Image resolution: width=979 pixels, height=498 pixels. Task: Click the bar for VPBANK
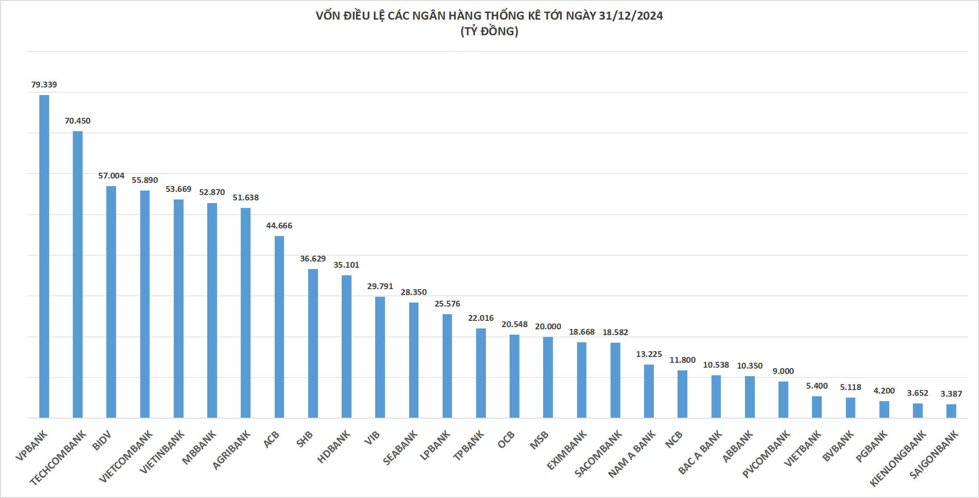(44, 257)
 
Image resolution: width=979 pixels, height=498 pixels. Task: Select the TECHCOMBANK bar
(78, 274)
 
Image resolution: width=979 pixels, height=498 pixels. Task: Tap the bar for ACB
(279, 327)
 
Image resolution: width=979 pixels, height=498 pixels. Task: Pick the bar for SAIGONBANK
(951, 411)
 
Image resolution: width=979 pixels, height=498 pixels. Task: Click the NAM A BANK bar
(649, 391)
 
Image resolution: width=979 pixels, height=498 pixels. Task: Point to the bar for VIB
(380, 357)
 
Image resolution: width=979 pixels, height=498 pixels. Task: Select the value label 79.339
(44, 85)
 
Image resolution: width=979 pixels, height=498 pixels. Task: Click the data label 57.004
(111, 176)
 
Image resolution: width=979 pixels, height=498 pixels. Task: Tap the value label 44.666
(279, 226)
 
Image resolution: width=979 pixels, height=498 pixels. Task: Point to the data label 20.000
(548, 327)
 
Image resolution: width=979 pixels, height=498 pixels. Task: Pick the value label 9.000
(783, 371)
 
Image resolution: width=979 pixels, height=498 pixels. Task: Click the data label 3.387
(951, 394)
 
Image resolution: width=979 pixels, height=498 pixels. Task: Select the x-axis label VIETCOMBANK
(126, 456)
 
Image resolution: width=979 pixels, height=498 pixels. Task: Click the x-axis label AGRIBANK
(231, 450)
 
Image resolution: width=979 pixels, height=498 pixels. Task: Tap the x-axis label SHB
(305, 440)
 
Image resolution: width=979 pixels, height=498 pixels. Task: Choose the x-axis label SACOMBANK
(598, 453)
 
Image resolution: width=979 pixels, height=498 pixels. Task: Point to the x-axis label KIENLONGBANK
(898, 458)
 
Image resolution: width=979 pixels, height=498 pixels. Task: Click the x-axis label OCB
(506, 440)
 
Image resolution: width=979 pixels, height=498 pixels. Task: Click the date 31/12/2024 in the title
(631, 16)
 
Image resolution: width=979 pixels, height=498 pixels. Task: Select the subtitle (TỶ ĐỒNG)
(489, 31)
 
